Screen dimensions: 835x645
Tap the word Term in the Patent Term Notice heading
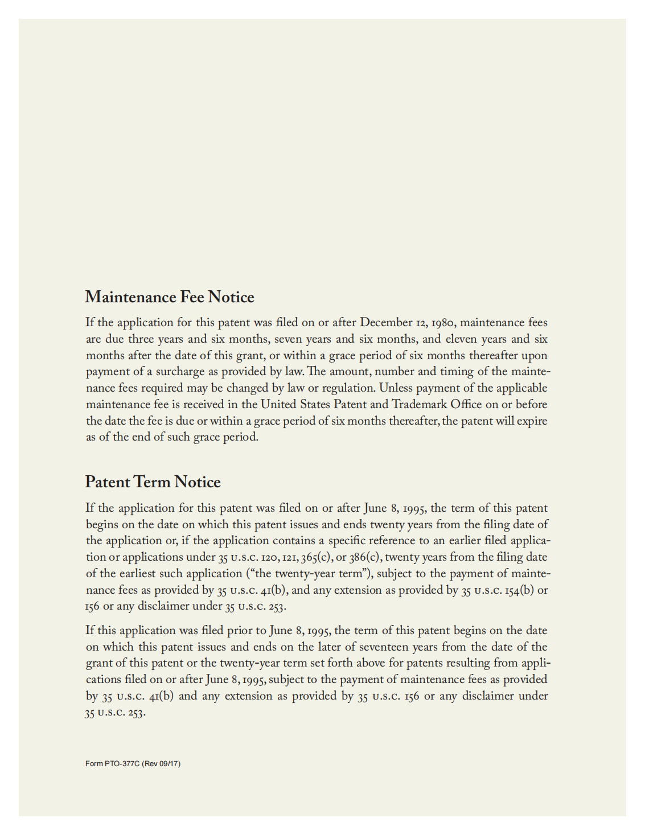pos(153,482)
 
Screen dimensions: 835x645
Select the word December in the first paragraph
pos(386,323)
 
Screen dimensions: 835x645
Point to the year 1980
pos(442,323)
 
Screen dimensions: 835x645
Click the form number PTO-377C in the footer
pos(122,764)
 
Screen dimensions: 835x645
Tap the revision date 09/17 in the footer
pos(169,764)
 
